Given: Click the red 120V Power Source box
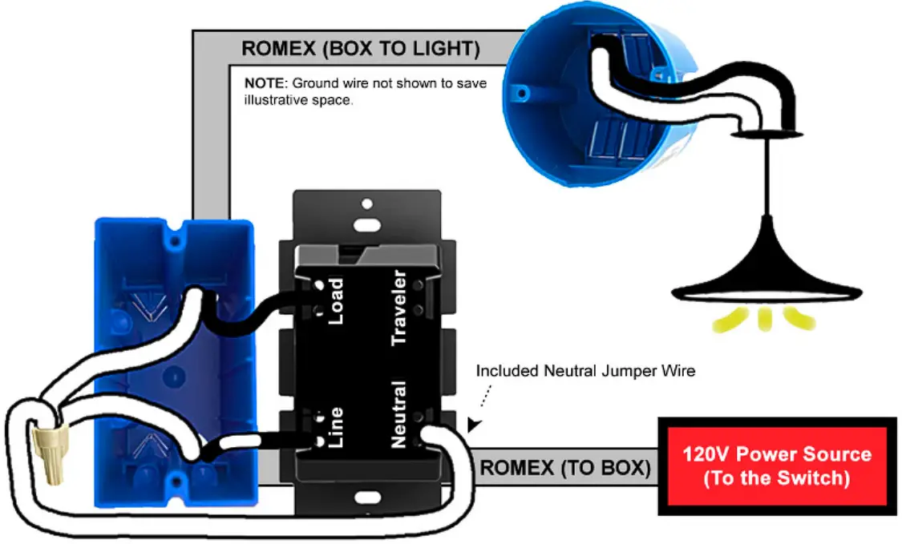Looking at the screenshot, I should click(776, 466).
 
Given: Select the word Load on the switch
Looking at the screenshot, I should click(334, 302).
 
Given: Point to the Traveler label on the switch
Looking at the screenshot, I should click(398, 308).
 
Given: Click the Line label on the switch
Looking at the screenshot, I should click(334, 428).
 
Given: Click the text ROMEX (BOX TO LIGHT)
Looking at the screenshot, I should click(361, 49).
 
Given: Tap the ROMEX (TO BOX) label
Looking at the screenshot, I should click(565, 466).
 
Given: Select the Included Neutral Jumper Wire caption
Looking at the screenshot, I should click(585, 372).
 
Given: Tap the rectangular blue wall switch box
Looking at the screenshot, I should click(174, 361).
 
